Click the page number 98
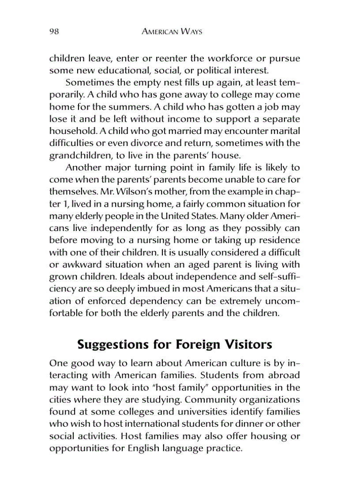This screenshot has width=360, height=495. click(54, 31)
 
